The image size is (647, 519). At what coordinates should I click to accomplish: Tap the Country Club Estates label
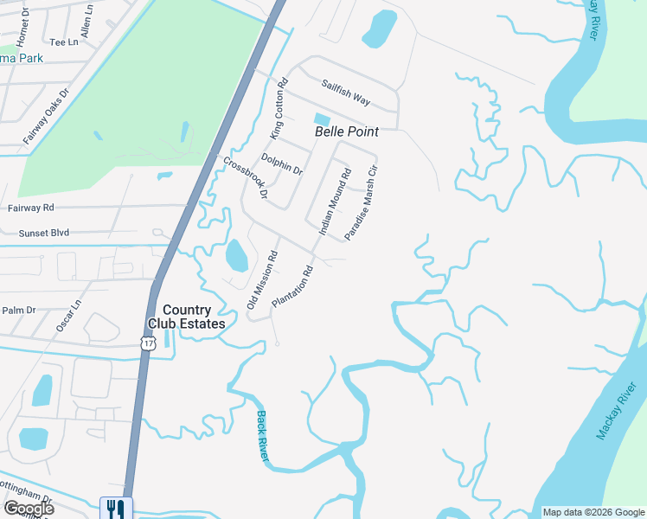click(x=187, y=317)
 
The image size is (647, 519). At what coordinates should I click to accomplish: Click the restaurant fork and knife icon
click(x=116, y=508)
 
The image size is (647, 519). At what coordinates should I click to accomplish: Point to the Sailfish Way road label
click(x=346, y=93)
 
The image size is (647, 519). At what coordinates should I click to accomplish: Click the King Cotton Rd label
click(x=278, y=109)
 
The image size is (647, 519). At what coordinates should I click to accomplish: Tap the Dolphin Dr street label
click(x=282, y=164)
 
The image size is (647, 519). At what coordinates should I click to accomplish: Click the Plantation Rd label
click(x=291, y=286)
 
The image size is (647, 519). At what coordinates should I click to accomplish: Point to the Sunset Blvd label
click(x=43, y=234)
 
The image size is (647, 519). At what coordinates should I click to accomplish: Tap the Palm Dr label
click(x=18, y=310)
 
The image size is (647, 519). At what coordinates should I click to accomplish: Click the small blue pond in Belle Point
click(x=322, y=119)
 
